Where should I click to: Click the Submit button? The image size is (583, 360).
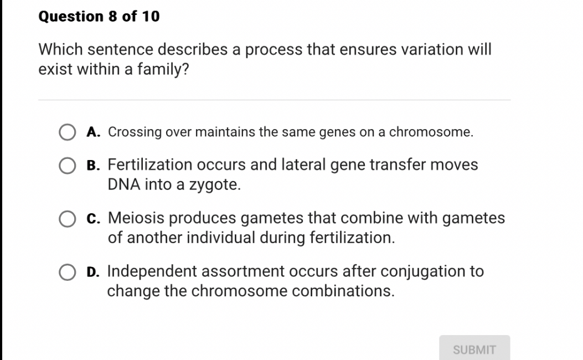(x=474, y=349)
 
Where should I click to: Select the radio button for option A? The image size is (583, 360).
(x=68, y=132)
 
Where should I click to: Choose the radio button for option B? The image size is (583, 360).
(x=68, y=165)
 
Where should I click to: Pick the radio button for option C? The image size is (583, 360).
(x=68, y=219)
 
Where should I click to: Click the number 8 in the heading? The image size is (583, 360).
(x=112, y=17)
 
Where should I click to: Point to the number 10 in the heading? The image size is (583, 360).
(x=151, y=17)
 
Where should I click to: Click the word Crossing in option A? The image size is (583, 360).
(x=135, y=132)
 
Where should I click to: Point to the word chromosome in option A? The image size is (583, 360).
(x=431, y=132)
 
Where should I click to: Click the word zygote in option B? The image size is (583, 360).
(x=215, y=185)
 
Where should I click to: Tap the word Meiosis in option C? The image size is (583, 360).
(x=135, y=219)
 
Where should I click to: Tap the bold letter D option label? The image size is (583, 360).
(x=94, y=272)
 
